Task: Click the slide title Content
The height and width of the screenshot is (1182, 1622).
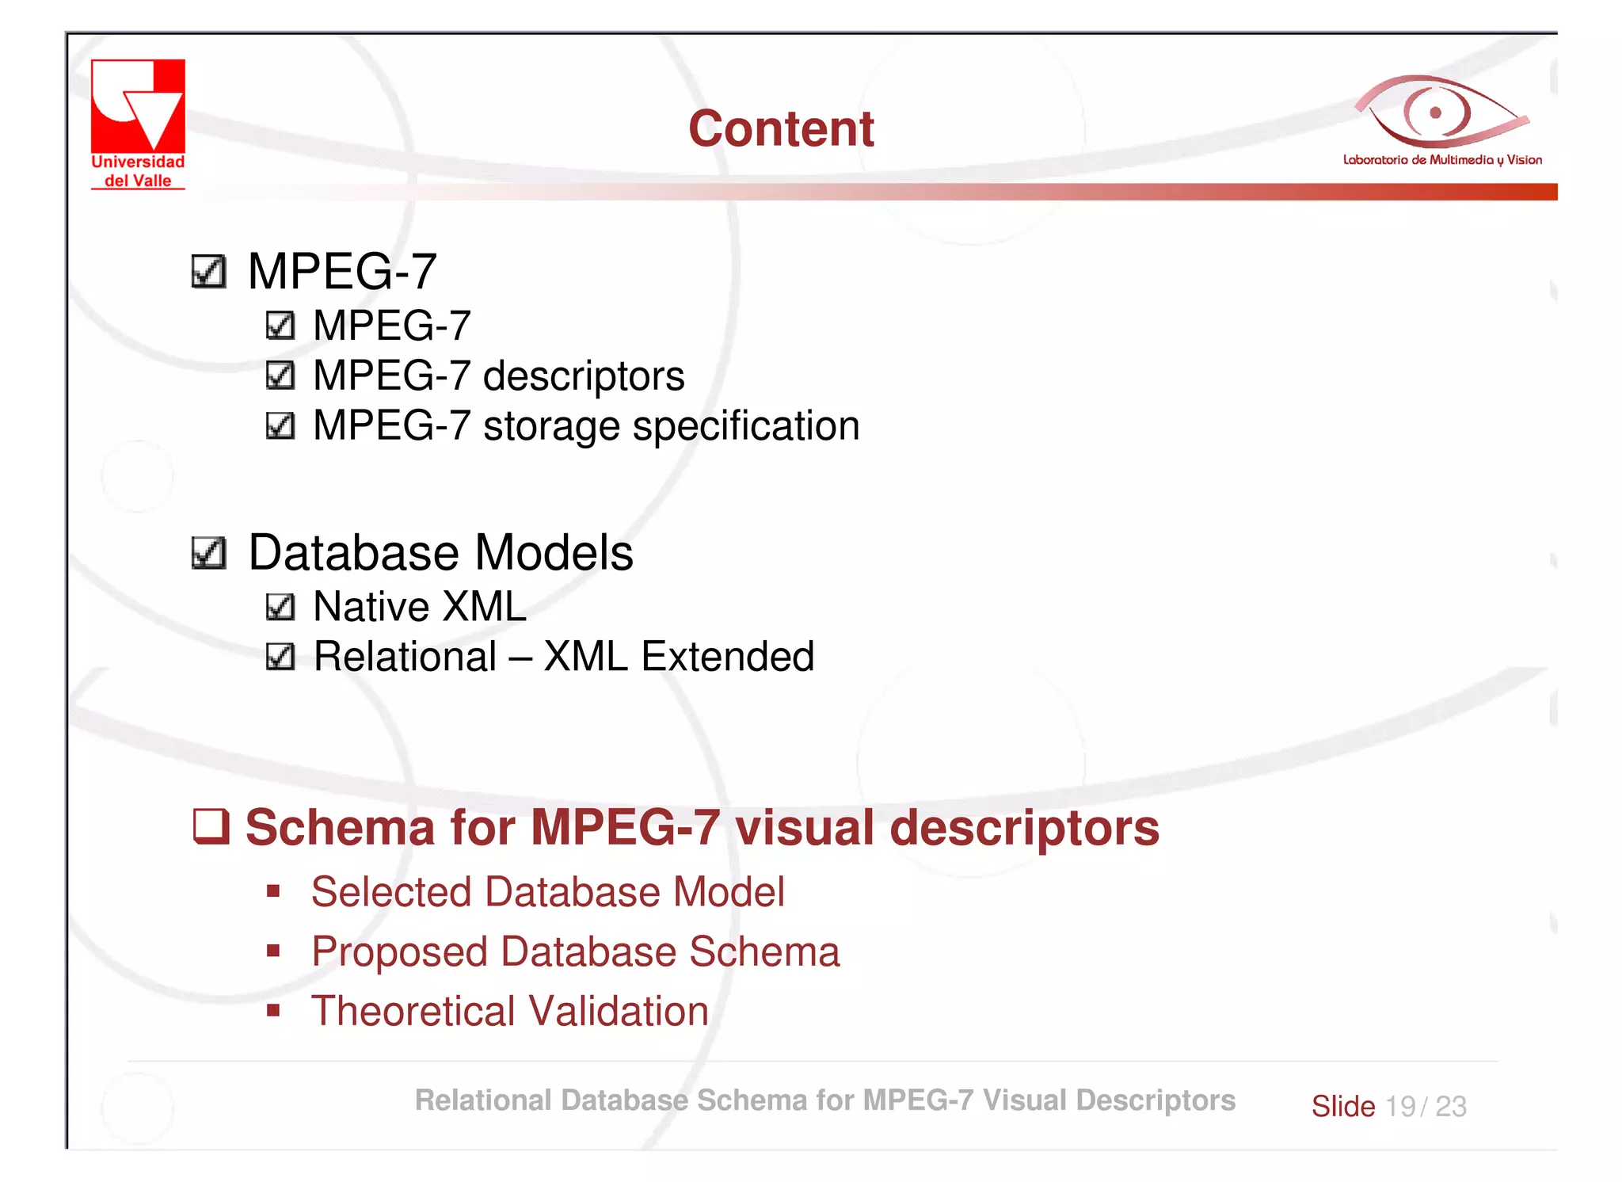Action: point(781,128)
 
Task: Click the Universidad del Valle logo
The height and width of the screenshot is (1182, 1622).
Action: point(138,124)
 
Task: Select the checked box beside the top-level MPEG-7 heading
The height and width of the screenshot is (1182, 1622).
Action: point(209,272)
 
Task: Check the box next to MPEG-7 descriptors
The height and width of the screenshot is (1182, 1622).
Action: point(280,376)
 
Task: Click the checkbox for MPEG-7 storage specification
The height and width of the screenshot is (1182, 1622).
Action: point(280,426)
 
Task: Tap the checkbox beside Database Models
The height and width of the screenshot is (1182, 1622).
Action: point(209,553)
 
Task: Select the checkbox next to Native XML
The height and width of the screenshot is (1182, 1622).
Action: point(280,607)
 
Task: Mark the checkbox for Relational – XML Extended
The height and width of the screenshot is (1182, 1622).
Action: point(280,657)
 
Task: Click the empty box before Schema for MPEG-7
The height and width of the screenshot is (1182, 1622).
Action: point(211,826)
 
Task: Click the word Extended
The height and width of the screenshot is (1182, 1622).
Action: point(727,657)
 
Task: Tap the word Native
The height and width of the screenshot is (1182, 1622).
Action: point(371,607)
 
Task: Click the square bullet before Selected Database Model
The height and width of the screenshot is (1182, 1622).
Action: point(273,892)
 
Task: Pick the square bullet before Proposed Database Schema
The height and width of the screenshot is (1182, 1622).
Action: point(273,951)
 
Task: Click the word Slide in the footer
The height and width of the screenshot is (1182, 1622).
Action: point(1342,1106)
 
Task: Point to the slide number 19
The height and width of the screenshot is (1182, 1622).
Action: point(1400,1106)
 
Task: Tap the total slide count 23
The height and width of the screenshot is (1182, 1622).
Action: point(1451,1106)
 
